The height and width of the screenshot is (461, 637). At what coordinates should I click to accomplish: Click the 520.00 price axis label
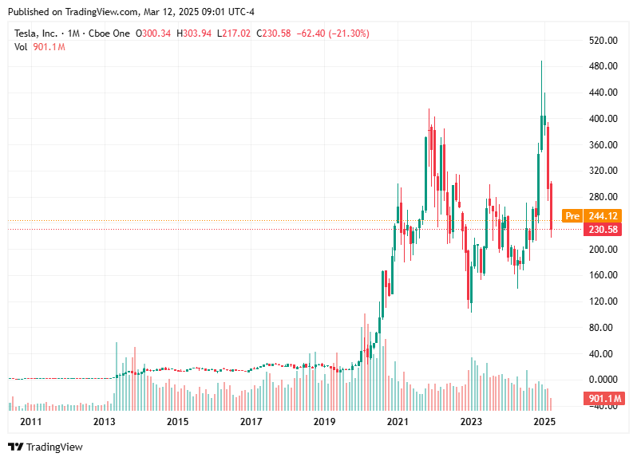(603, 40)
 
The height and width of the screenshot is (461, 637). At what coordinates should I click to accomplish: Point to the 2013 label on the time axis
(105, 421)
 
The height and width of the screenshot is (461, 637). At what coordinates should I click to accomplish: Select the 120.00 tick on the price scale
(603, 301)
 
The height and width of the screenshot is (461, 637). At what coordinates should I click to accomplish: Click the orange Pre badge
(571, 216)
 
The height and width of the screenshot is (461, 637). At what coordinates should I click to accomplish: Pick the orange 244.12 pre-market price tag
(602, 216)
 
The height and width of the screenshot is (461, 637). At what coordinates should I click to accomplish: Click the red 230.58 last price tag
(602, 230)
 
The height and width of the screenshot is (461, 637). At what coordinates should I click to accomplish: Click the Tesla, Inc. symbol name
(36, 33)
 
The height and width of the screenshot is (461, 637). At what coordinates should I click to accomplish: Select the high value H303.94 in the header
(196, 33)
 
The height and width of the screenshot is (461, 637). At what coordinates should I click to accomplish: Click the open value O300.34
(155, 33)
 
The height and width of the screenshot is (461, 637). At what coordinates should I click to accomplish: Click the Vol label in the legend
(22, 47)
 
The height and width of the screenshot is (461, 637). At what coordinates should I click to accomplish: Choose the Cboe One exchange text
(109, 33)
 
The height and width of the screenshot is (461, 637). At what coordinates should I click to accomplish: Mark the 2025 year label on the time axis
(544, 421)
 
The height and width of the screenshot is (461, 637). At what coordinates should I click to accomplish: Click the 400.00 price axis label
(603, 119)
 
